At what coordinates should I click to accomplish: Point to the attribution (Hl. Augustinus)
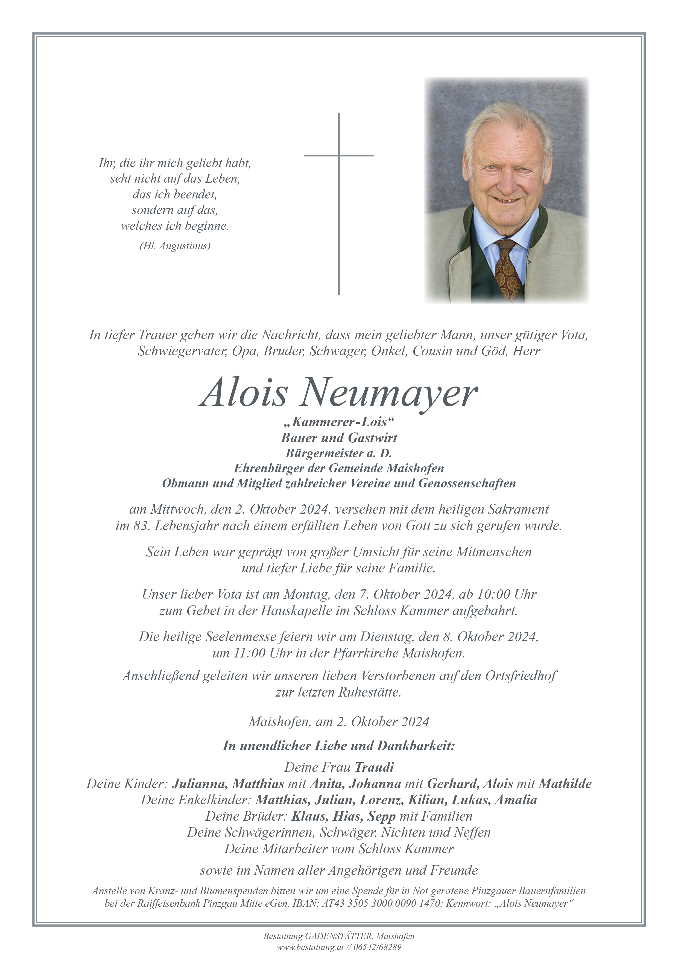[x=175, y=246]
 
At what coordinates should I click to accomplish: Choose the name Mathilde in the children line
[x=565, y=783]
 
